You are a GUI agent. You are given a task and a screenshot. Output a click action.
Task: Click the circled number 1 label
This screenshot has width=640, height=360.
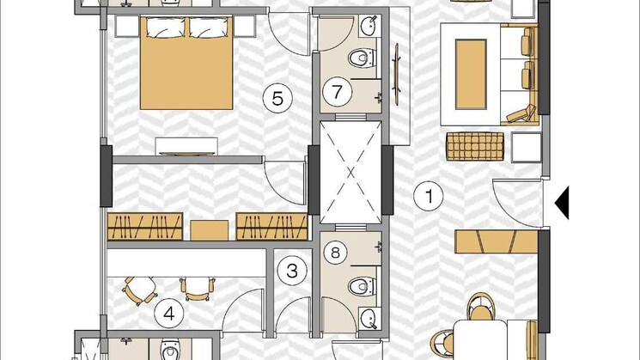429,197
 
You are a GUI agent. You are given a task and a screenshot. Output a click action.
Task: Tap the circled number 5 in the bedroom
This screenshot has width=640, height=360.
277,98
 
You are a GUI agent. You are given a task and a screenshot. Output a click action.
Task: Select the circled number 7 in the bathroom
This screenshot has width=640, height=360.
337,91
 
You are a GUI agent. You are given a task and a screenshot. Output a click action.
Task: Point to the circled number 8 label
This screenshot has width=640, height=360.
335,253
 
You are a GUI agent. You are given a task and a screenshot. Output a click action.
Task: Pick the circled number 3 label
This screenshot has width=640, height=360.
292,271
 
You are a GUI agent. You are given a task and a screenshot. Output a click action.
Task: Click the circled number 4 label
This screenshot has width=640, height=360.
169,314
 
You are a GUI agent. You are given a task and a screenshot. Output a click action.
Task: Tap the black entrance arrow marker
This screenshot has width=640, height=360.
562,204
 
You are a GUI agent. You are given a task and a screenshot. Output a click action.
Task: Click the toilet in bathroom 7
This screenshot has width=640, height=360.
362,58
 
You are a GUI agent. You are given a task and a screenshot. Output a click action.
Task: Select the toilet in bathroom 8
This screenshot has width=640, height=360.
362,286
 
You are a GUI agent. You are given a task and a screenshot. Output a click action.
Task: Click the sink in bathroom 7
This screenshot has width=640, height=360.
370,26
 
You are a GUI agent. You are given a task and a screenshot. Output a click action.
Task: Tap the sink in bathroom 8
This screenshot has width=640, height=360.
370,318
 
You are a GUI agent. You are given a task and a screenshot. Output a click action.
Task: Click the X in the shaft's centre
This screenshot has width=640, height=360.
350,172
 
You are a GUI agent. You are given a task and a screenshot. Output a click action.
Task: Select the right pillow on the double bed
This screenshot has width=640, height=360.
209,27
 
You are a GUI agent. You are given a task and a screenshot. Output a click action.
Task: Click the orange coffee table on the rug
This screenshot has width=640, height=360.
471,74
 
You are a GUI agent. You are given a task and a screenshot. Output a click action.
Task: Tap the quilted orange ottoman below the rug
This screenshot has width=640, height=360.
475,146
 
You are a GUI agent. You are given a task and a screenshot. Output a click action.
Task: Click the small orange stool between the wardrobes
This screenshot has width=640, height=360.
210,230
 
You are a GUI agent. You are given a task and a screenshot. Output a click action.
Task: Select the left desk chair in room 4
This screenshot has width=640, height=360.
139,290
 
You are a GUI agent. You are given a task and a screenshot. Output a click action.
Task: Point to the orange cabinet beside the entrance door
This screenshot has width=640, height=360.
497,241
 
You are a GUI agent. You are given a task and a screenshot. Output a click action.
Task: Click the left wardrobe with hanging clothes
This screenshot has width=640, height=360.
145,226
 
